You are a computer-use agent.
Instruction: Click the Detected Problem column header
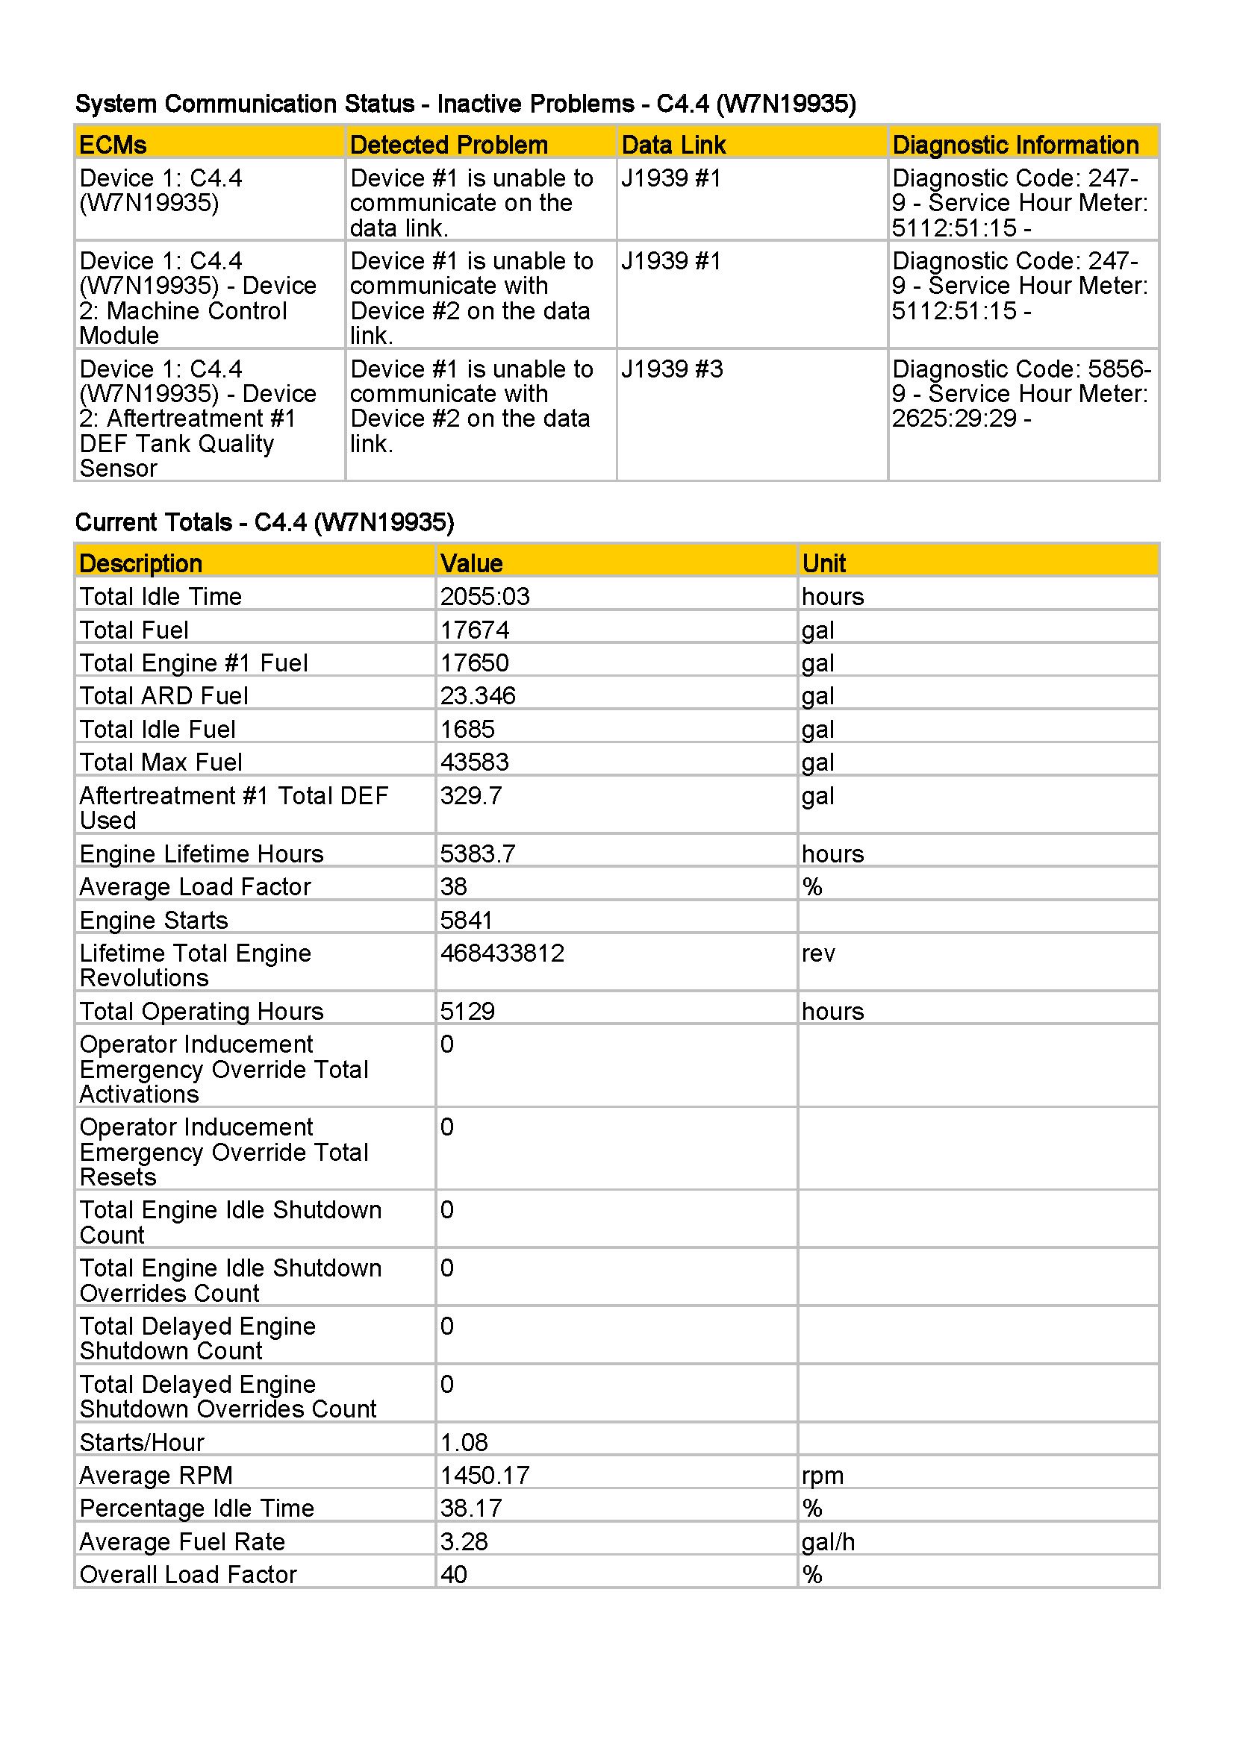(449, 145)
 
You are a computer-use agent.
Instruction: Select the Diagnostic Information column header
(1015, 145)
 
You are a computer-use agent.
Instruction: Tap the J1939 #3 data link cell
(672, 369)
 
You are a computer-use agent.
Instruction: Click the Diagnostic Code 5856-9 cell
(1021, 394)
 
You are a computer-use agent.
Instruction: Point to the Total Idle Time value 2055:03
(485, 597)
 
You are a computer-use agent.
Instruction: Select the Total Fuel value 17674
(475, 630)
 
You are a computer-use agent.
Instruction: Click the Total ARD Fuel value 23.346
(478, 696)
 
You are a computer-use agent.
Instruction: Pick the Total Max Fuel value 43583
(475, 762)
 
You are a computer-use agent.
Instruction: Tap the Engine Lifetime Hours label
(202, 854)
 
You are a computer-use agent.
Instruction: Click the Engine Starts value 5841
(466, 921)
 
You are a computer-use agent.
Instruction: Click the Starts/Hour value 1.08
(464, 1443)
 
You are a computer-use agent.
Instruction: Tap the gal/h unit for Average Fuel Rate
(828, 1542)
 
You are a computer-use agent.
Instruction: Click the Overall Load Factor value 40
(453, 1575)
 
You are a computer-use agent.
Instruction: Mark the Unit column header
(823, 563)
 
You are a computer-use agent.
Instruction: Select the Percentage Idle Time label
(197, 1509)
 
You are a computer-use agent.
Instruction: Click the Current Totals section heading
(264, 522)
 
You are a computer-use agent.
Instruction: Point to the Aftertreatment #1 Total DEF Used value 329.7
(470, 796)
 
